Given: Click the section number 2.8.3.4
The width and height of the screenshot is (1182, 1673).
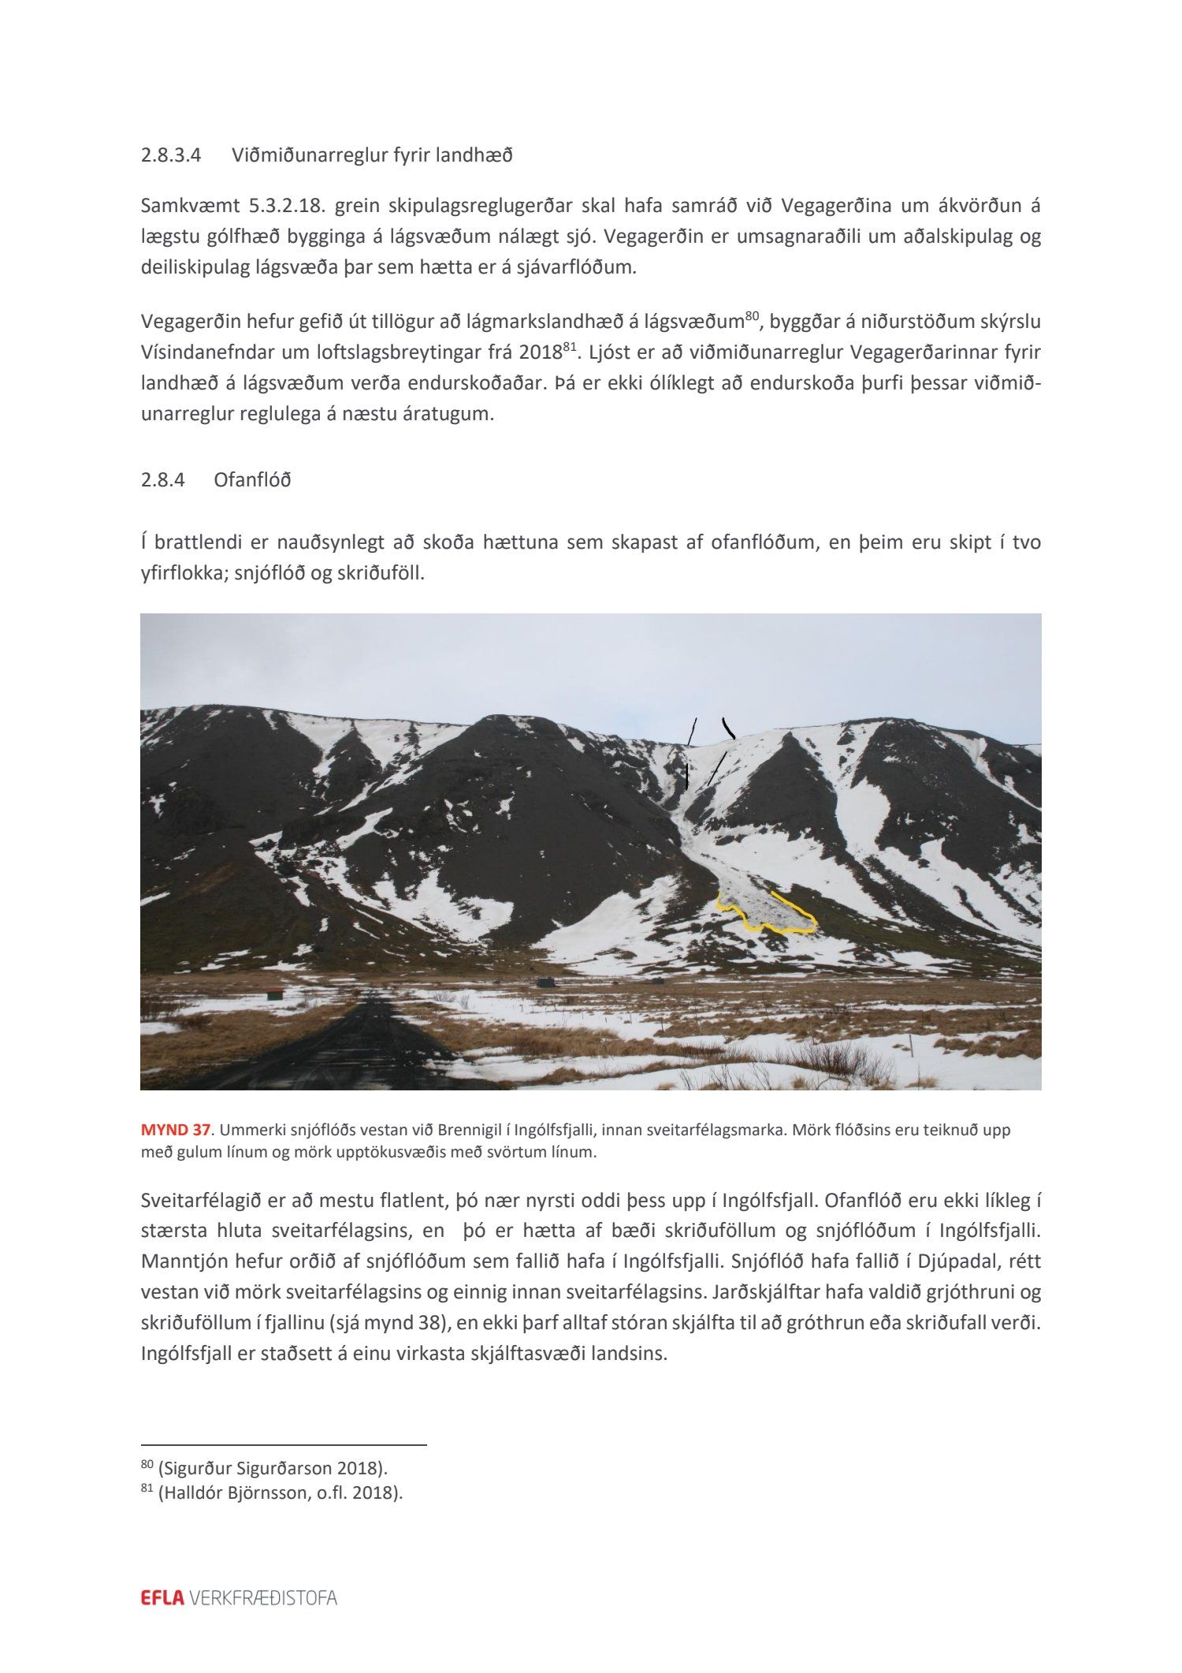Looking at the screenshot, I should tap(171, 155).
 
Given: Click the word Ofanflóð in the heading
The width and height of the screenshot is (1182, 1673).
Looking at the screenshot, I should tap(252, 479).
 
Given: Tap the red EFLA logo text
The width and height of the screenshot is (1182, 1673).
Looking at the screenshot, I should tap(162, 1598).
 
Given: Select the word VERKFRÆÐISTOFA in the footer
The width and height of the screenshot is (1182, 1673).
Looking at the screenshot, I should tap(263, 1598).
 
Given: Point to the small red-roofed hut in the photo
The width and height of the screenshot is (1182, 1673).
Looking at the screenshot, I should tap(274, 993).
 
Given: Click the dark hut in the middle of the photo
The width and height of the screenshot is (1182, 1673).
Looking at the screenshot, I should tap(544, 982).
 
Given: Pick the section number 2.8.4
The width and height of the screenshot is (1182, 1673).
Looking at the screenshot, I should tap(162, 479).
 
